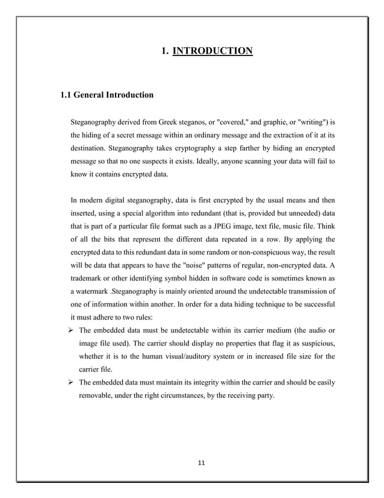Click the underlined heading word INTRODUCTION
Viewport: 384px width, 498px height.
(x=212, y=50)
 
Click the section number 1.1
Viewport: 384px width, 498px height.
(x=65, y=95)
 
